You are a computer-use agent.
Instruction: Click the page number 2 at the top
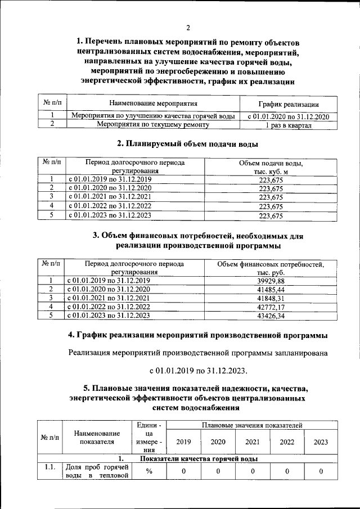[x=188, y=28]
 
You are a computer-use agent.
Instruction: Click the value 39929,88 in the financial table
[x=271, y=281]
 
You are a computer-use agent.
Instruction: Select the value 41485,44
[x=271, y=289]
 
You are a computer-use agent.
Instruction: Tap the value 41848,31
[x=271, y=298]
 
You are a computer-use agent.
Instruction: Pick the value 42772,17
[x=271, y=307]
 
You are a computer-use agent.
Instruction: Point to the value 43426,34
[x=271, y=316]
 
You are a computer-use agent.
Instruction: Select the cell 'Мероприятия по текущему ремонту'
[x=153, y=125]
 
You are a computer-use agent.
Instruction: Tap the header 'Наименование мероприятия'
[x=153, y=104]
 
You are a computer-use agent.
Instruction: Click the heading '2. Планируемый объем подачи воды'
[x=188, y=143]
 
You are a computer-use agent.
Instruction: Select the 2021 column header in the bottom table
[x=253, y=442]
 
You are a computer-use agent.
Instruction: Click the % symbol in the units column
[x=149, y=471]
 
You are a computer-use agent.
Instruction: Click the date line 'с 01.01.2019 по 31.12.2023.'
[x=198, y=371]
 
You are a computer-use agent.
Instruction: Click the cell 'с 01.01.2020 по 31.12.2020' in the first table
[x=288, y=116]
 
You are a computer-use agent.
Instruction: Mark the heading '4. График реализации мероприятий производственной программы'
[x=198, y=336]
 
